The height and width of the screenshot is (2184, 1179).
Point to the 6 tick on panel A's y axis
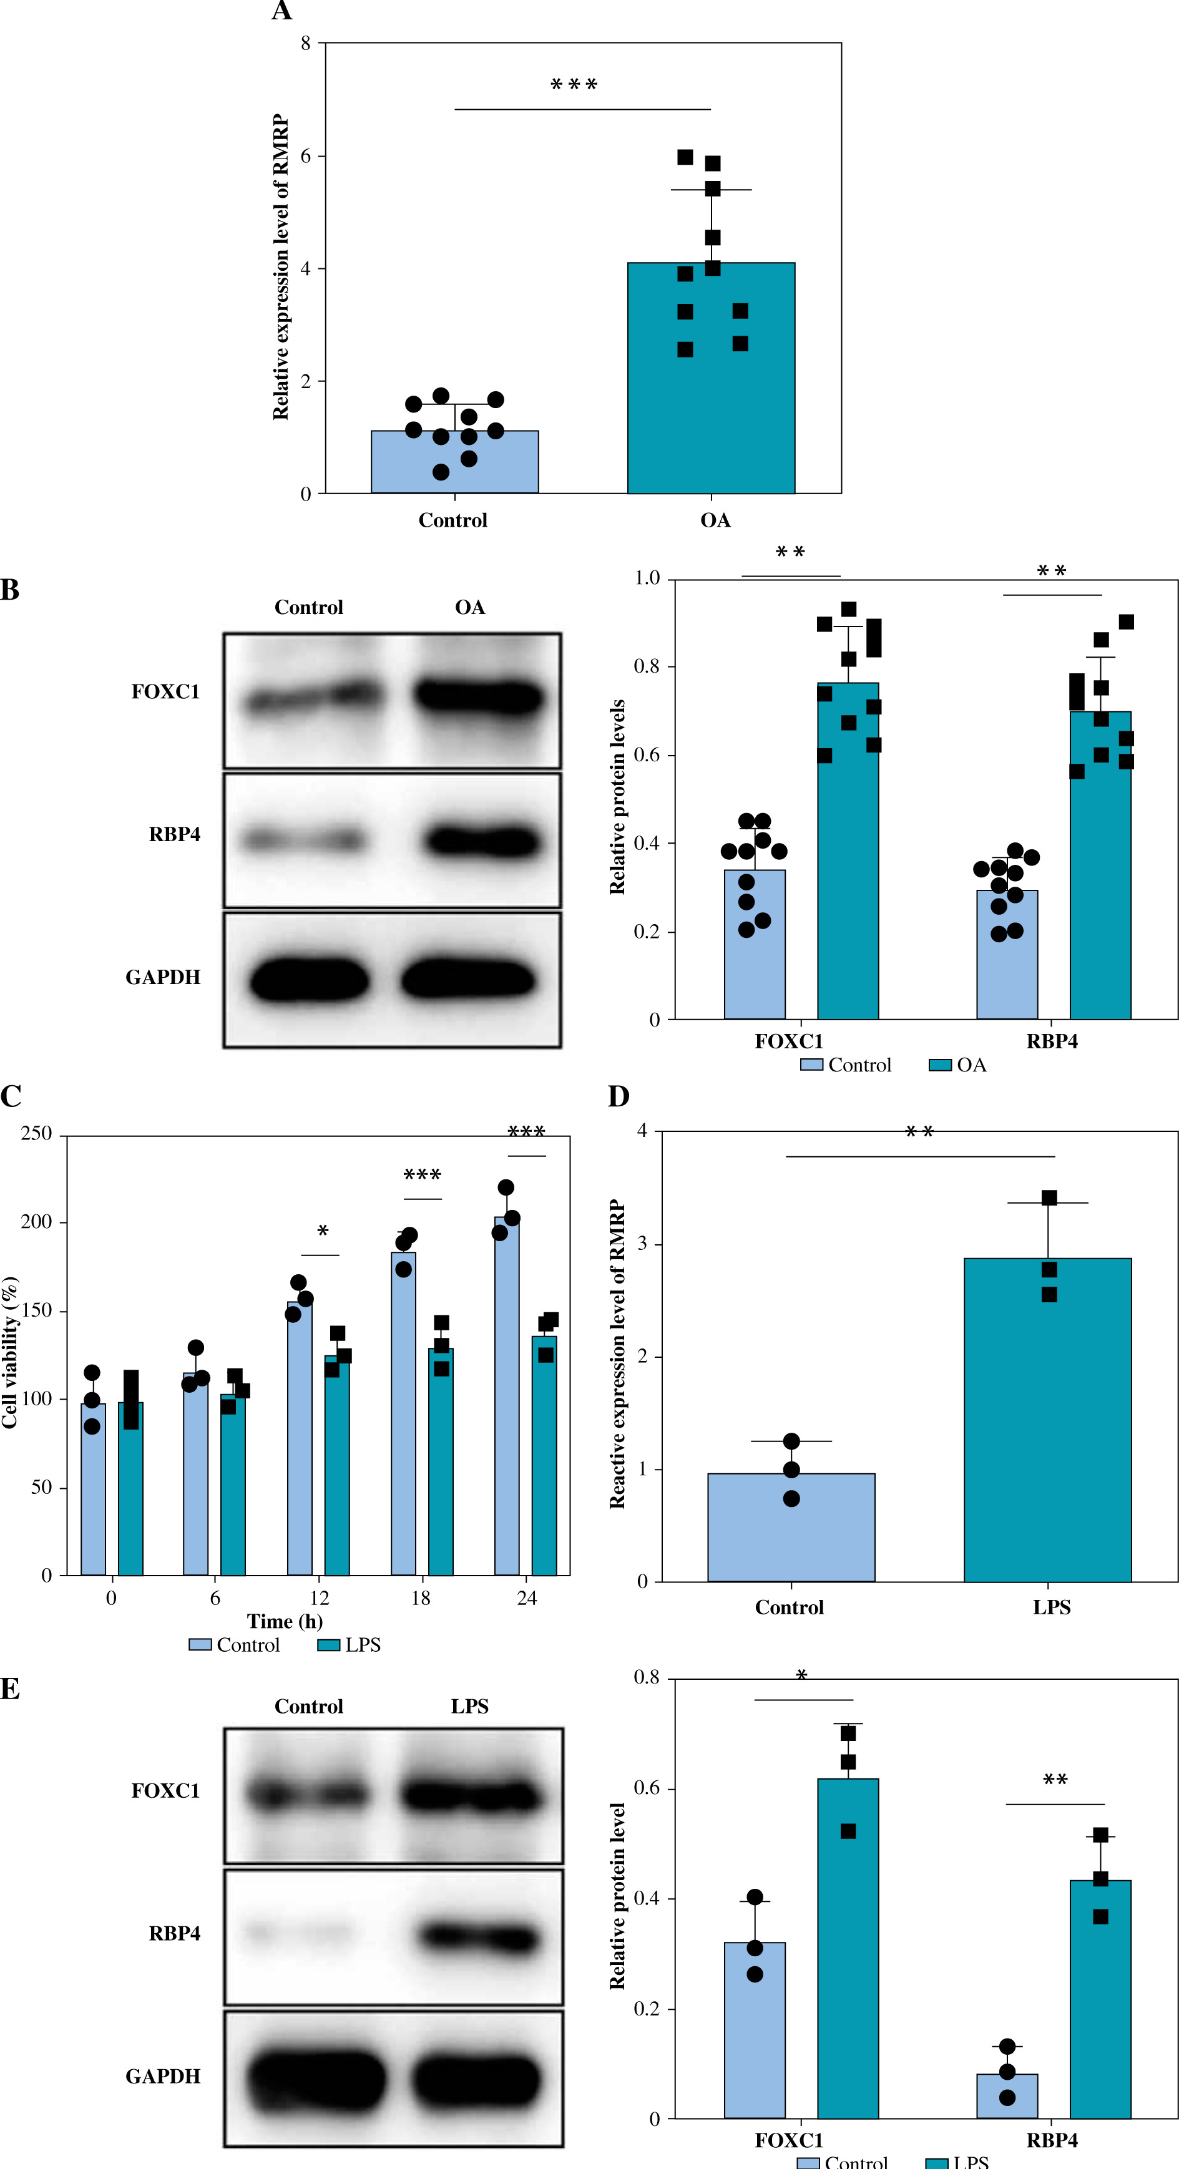(x=306, y=156)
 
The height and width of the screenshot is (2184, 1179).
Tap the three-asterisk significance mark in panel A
(x=574, y=85)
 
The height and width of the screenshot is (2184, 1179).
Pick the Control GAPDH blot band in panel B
(x=309, y=981)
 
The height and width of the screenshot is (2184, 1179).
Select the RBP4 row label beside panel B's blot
(x=175, y=834)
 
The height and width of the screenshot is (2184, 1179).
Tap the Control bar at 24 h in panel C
(x=506, y=1399)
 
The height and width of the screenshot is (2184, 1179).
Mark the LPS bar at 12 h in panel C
(x=337, y=1468)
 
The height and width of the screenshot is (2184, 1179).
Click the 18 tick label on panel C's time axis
(x=421, y=1598)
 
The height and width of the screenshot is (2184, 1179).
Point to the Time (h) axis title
(x=285, y=1622)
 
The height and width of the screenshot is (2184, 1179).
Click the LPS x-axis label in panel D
(x=1052, y=1607)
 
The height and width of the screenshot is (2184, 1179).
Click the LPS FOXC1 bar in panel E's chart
(x=848, y=1950)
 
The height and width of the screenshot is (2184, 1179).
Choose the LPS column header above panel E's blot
(x=469, y=1707)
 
